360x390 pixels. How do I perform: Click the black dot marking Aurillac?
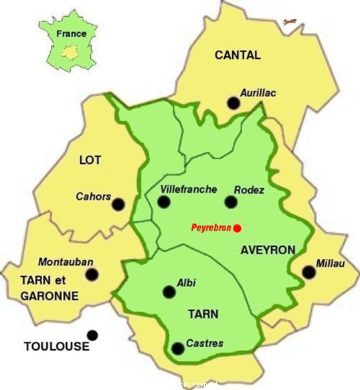233,102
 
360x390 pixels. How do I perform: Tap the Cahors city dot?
118,204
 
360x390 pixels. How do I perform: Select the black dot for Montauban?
92,274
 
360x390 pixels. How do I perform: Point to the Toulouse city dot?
92,335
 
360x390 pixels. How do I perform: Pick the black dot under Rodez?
231,201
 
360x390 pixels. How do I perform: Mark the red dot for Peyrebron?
238,228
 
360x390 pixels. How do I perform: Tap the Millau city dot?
308,272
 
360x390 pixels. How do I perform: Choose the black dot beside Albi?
168,292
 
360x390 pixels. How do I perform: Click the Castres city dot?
178,348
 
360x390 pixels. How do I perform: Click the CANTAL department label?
238,56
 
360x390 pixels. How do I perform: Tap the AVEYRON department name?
268,250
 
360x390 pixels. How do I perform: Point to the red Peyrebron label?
211,228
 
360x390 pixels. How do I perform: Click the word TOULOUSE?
56,347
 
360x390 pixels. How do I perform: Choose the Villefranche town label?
189,189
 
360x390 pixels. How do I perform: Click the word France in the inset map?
71,33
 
